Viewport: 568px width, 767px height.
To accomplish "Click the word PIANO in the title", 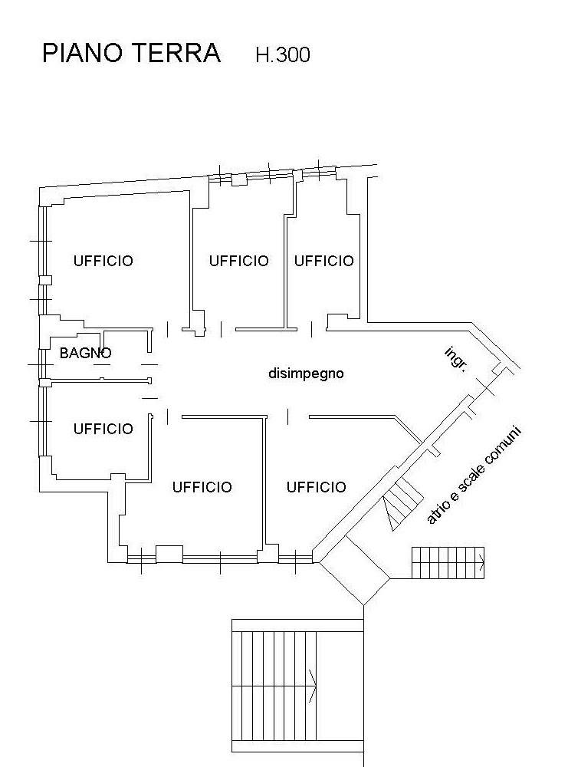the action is coord(81,53).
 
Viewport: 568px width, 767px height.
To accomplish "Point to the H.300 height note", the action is coord(283,54).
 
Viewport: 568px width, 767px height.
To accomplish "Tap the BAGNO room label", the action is coord(86,353).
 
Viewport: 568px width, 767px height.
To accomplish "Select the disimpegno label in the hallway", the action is coord(306,374).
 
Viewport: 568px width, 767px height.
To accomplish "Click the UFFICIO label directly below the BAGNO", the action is coord(103,429).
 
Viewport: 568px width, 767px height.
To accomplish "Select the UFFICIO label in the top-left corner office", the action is coord(103,261).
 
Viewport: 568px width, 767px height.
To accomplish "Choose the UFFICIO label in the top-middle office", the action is coord(239,261).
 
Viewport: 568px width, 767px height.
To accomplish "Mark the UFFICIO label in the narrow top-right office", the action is coord(324,261).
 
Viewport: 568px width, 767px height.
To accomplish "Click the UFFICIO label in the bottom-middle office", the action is coord(202,487).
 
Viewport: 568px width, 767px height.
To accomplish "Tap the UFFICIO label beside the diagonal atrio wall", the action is coord(317,487).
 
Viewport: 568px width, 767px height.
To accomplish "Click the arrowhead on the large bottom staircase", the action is coord(313,686).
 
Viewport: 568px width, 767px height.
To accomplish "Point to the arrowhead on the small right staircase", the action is coord(481,562).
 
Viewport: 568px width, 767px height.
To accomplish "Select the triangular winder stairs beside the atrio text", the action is coord(402,504).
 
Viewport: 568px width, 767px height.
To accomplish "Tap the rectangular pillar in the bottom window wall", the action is coord(169,555).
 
